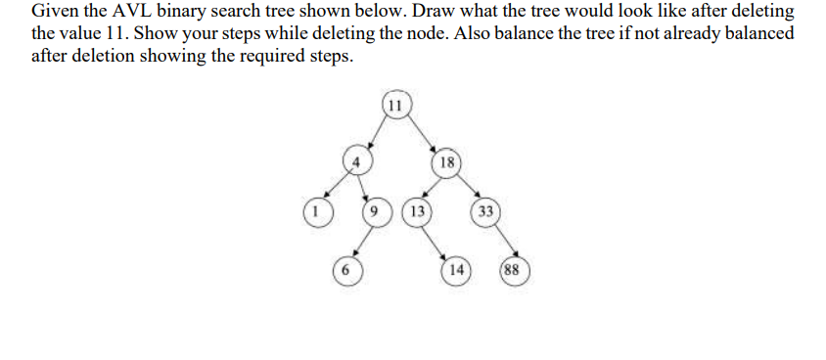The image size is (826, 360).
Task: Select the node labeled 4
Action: [x=357, y=159]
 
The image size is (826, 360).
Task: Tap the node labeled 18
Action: [x=446, y=162]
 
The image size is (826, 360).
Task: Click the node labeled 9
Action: [x=376, y=210]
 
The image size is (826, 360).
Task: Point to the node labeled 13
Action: [x=418, y=210]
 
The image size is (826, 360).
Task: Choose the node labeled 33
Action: [x=485, y=211]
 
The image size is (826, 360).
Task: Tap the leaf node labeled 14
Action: [x=456, y=268]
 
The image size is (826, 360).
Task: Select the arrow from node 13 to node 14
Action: [x=437, y=240]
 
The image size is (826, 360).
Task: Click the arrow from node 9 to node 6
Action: [x=359, y=240]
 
